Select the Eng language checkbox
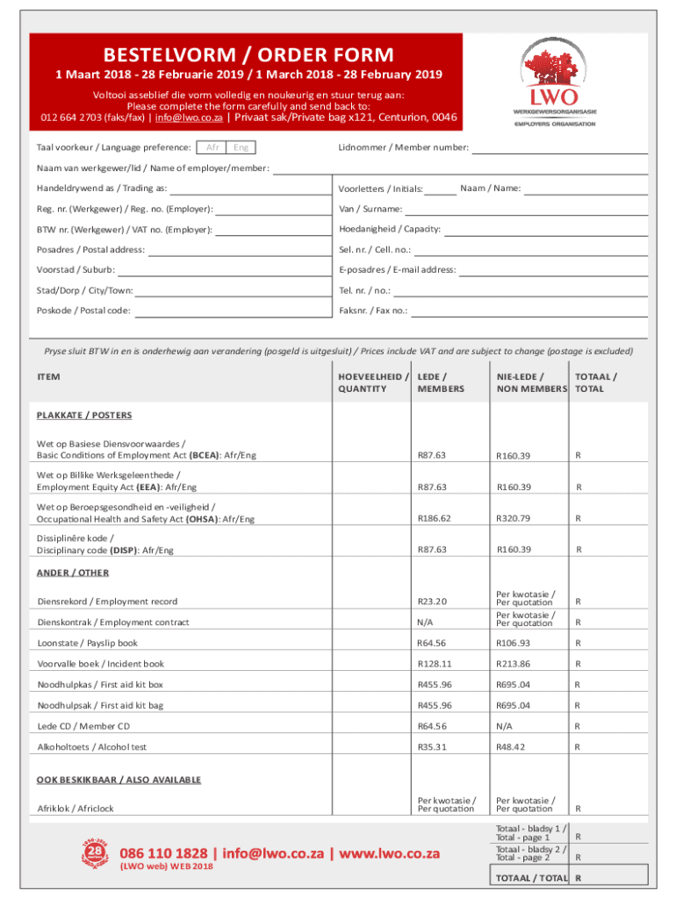(241, 147)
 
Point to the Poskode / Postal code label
(83, 310)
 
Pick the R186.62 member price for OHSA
(432, 518)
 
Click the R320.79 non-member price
(514, 518)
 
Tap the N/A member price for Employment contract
(426, 622)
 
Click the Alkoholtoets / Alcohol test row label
(91, 747)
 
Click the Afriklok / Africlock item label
(76, 808)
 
